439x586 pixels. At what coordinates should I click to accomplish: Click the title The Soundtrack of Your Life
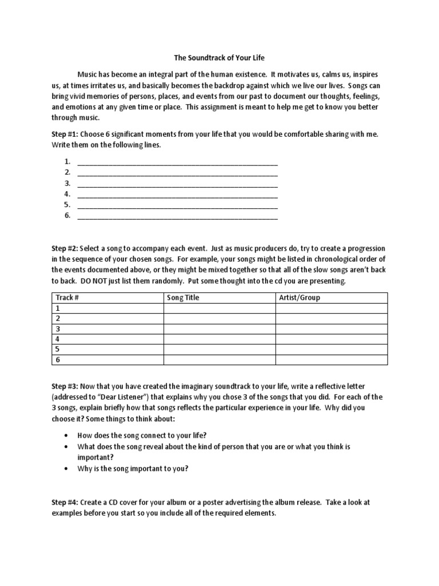click(219, 58)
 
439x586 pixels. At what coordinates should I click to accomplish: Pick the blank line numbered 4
click(177, 195)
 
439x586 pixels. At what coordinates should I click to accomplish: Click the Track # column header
click(67, 298)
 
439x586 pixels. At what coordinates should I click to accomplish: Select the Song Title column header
click(183, 298)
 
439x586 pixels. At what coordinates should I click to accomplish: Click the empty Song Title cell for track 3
click(219, 329)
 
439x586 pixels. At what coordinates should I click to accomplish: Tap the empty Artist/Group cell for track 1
click(332, 308)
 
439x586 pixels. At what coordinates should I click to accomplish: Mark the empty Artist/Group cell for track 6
click(332, 360)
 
